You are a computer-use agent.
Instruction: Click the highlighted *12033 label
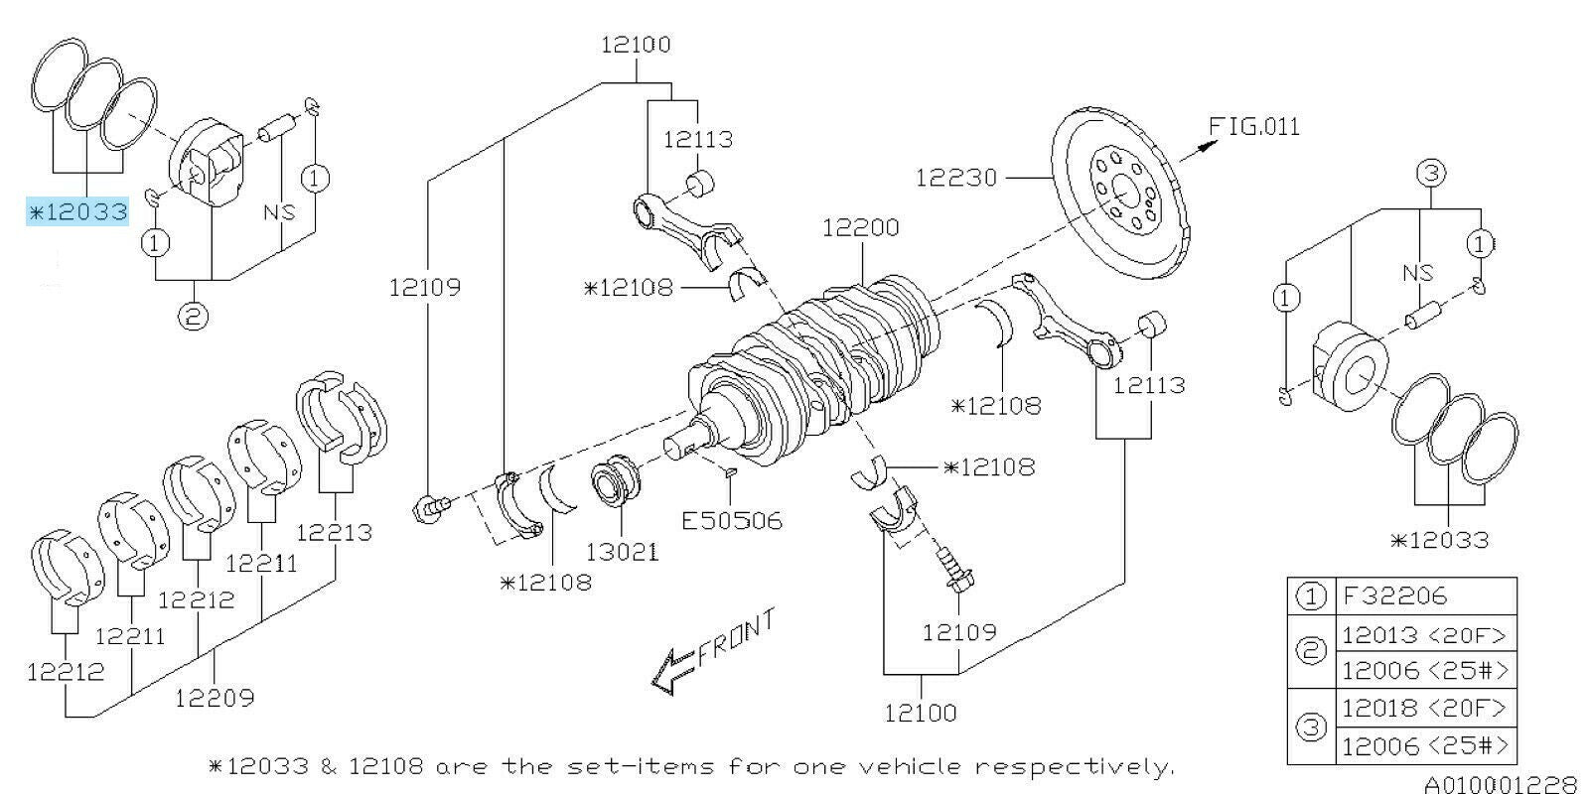pos(77,211)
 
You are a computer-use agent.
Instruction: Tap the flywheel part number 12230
pos(955,178)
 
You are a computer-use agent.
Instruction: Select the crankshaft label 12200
pos(860,227)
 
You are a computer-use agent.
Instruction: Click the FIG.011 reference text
pos(1253,127)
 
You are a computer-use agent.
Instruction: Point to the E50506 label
pos(732,519)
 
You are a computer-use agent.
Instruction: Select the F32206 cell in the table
pos(1394,596)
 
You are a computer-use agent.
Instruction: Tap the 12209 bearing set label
pos(215,698)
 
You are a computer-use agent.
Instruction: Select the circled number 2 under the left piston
pos(193,317)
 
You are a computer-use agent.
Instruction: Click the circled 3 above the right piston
pos(1430,174)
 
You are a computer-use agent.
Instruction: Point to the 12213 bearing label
pos(335,532)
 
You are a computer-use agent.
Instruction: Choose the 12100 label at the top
pos(636,45)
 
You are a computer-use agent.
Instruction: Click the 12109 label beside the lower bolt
pos(958,631)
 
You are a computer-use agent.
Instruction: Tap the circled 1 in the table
pos(1311,596)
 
